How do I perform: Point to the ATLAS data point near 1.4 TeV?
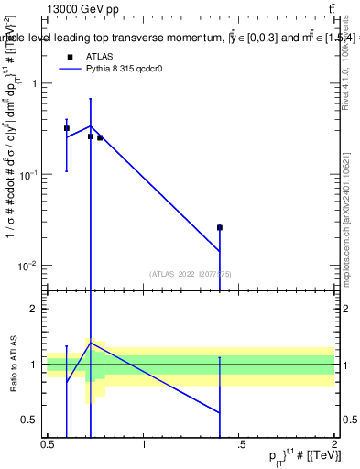pyautogui.click(x=220, y=227)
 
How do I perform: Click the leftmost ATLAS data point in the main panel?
pyautogui.click(x=67, y=129)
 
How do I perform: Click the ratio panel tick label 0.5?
pyautogui.click(x=32, y=420)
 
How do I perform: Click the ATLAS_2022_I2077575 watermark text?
pyautogui.click(x=191, y=273)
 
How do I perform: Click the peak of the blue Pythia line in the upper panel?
pyautogui.click(x=91, y=126)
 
